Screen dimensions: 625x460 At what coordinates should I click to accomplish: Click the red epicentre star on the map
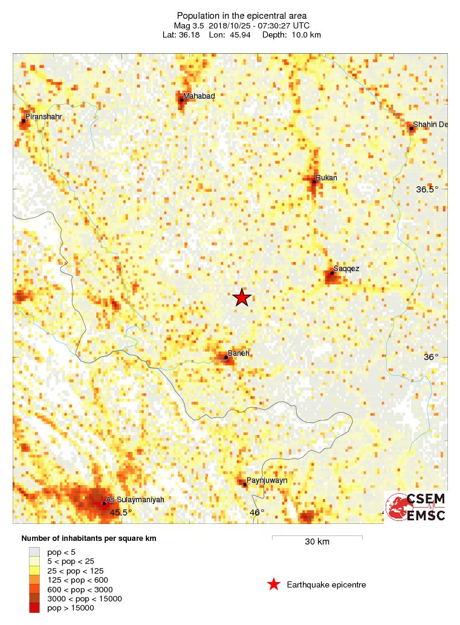tap(242, 297)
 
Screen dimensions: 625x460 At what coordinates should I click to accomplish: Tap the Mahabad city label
tap(199, 96)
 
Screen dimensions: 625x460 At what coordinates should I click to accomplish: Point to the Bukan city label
tap(326, 178)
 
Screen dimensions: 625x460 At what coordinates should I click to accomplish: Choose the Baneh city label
tap(238, 353)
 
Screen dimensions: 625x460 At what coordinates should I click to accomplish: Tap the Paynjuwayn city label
tap(267, 480)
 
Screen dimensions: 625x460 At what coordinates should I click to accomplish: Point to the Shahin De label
tap(430, 125)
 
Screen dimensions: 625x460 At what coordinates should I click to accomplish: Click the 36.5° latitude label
tap(427, 189)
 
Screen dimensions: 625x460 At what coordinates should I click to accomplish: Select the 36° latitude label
tap(430, 357)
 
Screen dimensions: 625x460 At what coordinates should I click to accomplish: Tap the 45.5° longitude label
tap(120, 512)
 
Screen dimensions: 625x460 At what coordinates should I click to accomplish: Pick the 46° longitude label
tap(257, 512)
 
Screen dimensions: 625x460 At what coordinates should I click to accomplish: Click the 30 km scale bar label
tap(317, 542)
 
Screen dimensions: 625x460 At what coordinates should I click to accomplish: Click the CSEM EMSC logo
tap(416, 507)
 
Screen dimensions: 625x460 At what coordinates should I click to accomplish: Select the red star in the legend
tap(274, 584)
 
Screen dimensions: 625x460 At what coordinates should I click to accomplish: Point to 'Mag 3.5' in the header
tap(189, 25)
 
